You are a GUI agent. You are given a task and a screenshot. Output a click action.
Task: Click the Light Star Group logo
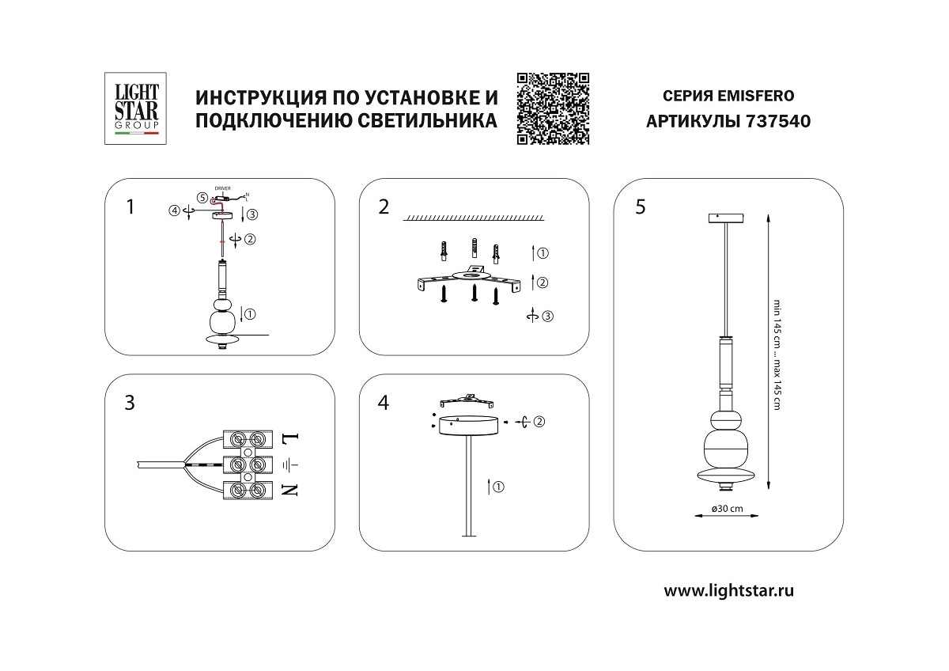click(132, 108)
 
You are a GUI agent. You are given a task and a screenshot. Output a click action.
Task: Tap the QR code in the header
click(554, 108)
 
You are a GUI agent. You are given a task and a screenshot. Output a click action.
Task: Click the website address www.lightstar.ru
click(728, 589)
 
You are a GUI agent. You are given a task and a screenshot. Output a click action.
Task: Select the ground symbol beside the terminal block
click(289, 464)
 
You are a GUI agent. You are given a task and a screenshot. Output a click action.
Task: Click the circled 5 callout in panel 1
click(202, 198)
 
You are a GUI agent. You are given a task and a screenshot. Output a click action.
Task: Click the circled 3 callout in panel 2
click(548, 317)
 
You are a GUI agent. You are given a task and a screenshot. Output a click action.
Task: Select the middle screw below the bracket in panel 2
click(474, 294)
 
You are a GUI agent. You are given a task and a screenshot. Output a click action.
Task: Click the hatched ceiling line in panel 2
click(474, 218)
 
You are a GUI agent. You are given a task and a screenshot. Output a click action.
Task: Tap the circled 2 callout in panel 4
click(539, 422)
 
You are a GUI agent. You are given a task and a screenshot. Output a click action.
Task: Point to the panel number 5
click(640, 207)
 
